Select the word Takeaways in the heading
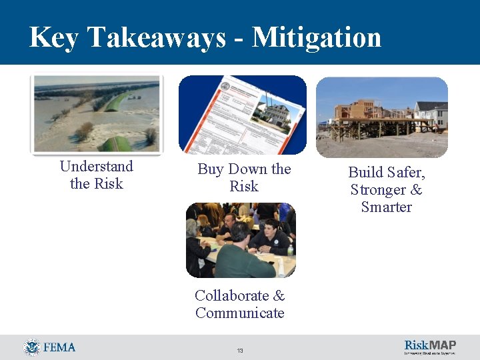click(155, 37)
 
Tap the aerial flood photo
click(97, 113)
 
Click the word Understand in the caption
click(96, 166)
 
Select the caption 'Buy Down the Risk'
click(244, 178)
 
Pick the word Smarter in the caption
click(387, 207)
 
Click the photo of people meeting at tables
click(240, 240)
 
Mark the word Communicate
click(240, 313)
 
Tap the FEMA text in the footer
click(59, 347)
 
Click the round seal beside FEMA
click(31, 347)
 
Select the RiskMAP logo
click(430, 347)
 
